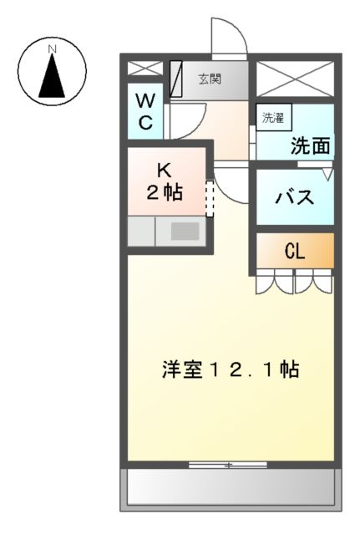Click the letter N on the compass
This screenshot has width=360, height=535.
click(53, 49)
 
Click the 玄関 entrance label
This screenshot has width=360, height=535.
click(210, 80)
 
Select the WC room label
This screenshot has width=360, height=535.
click(145, 112)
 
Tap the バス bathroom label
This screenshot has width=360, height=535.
click(295, 199)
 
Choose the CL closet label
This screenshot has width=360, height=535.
click(294, 251)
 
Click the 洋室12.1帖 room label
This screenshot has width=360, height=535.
click(231, 369)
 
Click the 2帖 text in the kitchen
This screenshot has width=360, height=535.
click(165, 192)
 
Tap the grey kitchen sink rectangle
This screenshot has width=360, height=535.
click(185, 232)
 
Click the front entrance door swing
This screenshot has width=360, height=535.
click(227, 38)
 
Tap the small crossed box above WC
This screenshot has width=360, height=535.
click(145, 69)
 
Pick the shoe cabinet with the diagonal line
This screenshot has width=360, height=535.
click(176, 79)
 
